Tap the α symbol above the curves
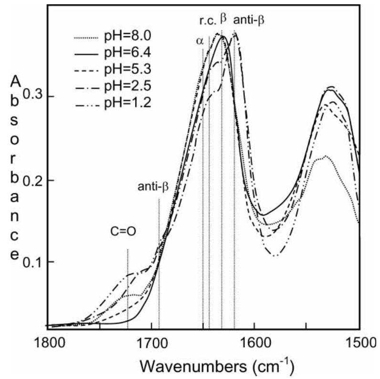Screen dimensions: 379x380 pyautogui.click(x=200, y=41)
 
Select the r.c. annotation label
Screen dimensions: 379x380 pyautogui.click(x=208, y=21)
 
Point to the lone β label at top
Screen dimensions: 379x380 pyautogui.click(x=223, y=19)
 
